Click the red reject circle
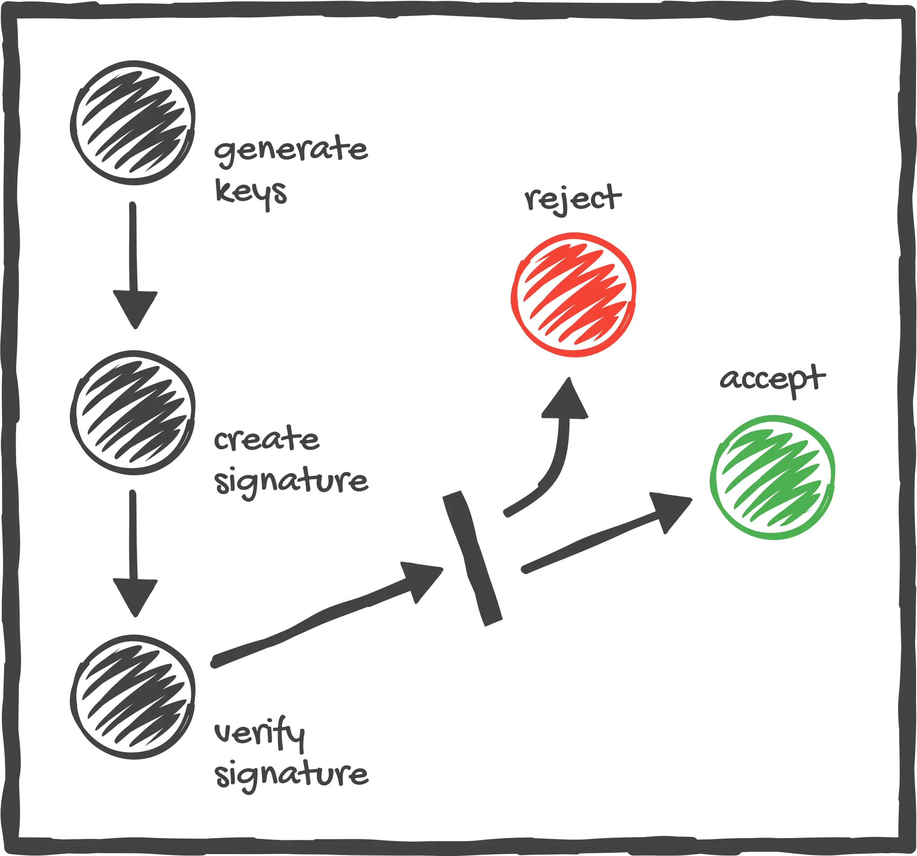[x=574, y=295]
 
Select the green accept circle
[x=773, y=477]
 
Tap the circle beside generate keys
[x=133, y=123]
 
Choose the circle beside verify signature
[x=133, y=697]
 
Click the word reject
[x=572, y=199]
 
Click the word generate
[x=291, y=150]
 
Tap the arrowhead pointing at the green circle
[x=669, y=510]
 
